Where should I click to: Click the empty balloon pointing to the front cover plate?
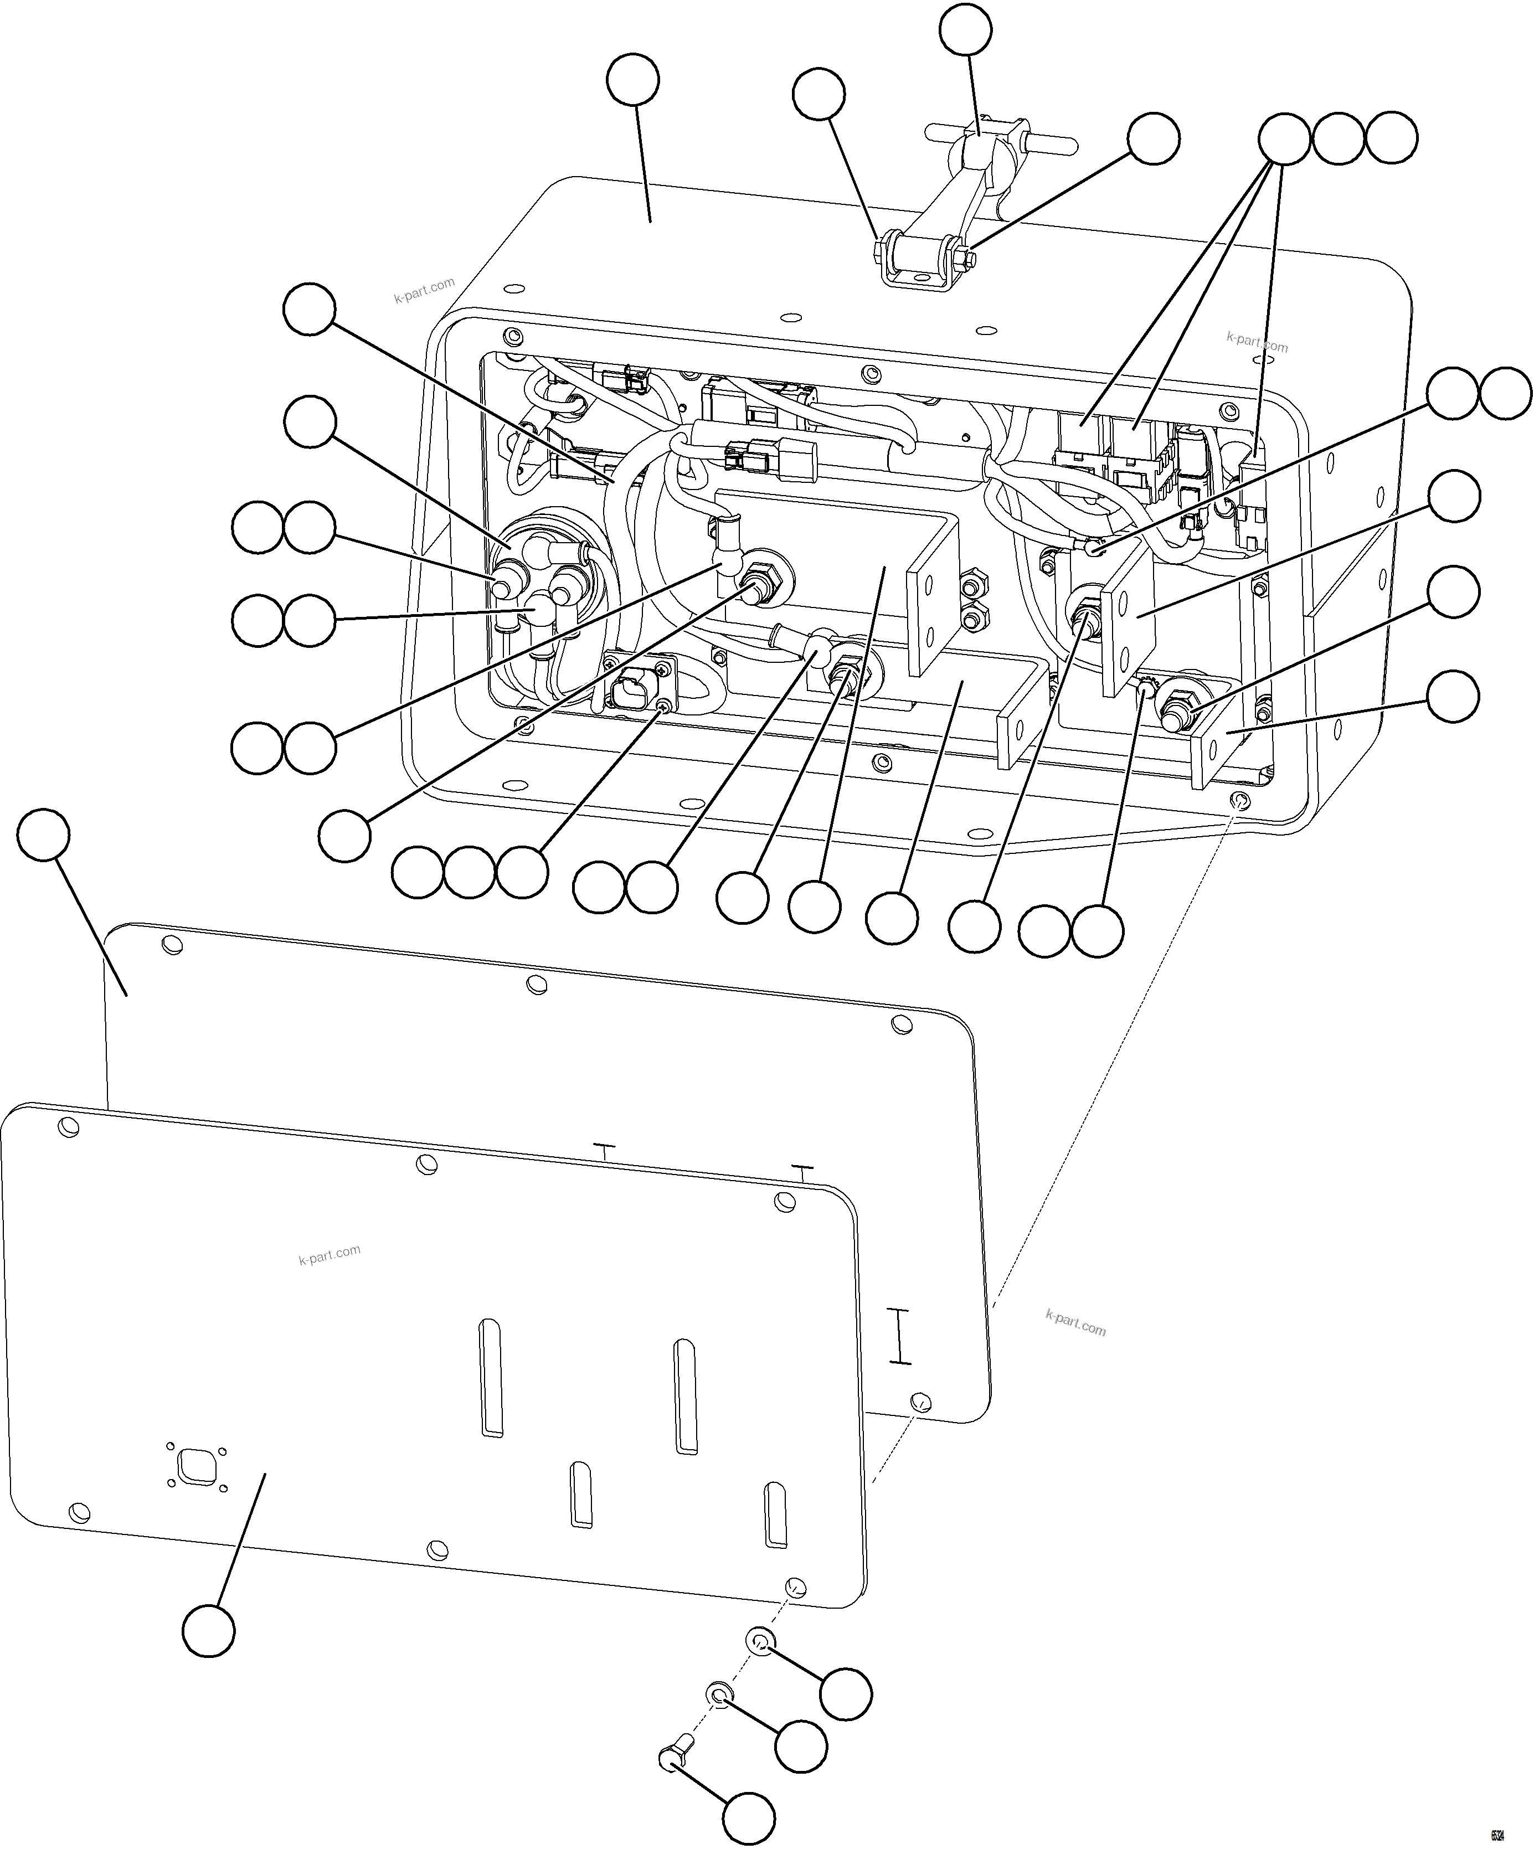click(x=209, y=1631)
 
